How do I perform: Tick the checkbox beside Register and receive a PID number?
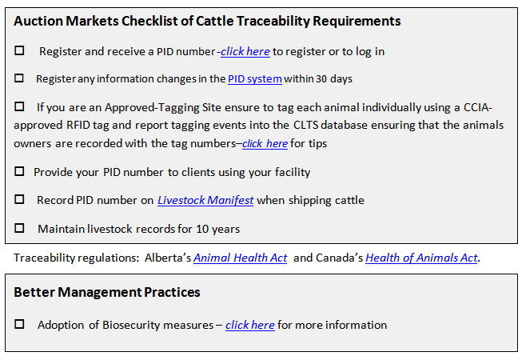pyautogui.click(x=19, y=50)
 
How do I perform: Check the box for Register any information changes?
pyautogui.click(x=19, y=78)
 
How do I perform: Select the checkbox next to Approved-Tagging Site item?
pyautogui.click(x=19, y=106)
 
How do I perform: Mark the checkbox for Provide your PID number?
pyautogui.click(x=19, y=171)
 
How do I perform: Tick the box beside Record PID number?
pyautogui.click(x=19, y=199)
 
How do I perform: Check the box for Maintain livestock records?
pyautogui.click(x=19, y=228)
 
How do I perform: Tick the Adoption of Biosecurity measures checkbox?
pyautogui.click(x=19, y=324)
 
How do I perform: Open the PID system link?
pyautogui.click(x=255, y=79)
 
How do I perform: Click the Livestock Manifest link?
pyautogui.click(x=205, y=200)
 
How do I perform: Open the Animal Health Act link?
pyautogui.click(x=240, y=258)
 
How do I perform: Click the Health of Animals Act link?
pyautogui.click(x=421, y=258)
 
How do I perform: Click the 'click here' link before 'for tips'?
pyautogui.click(x=265, y=143)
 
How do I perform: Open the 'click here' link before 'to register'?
pyautogui.click(x=245, y=52)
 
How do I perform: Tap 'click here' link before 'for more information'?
pyautogui.click(x=250, y=325)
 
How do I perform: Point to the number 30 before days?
pyautogui.click(x=321, y=79)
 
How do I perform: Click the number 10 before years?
pyautogui.click(x=202, y=229)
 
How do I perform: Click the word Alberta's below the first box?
pyautogui.click(x=168, y=258)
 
